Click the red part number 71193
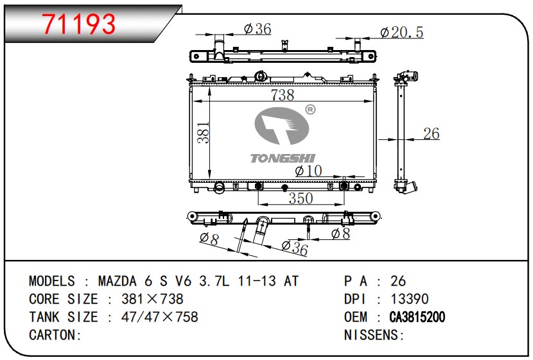coord(79,24)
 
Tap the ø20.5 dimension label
coord(402,33)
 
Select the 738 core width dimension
coord(283,95)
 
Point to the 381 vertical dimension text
coord(204,132)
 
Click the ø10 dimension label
coord(308,171)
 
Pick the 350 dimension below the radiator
coord(301,198)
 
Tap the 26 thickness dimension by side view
coord(432,133)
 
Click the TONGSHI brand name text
coord(283,159)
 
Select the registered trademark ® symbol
coord(310,109)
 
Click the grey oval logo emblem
coord(282,126)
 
